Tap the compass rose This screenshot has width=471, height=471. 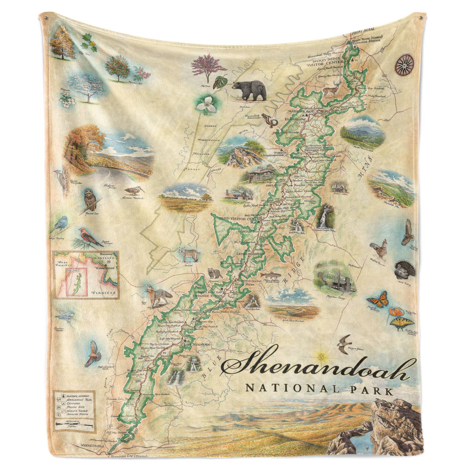pyautogui.click(x=403, y=64)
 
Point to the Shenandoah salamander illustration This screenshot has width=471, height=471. pyautogui.click(x=269, y=120)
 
